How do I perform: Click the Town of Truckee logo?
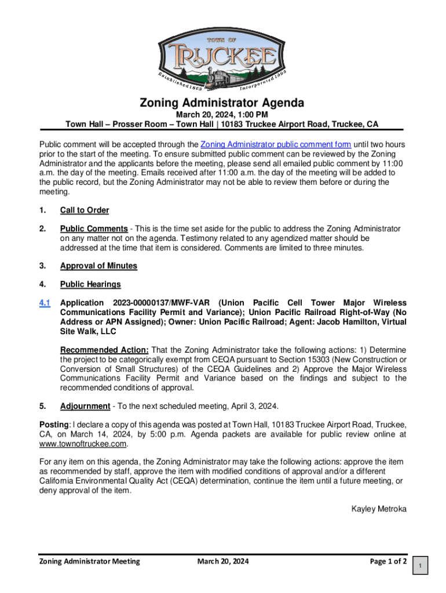(x=222, y=63)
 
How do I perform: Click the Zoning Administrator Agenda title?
(x=222, y=103)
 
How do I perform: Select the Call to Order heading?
(x=85, y=210)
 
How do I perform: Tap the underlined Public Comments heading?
(x=94, y=229)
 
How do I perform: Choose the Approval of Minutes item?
(x=98, y=266)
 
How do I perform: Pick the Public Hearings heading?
(x=90, y=284)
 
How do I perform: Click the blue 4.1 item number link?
(x=45, y=303)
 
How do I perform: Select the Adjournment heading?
(x=85, y=406)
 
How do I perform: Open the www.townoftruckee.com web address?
(x=83, y=444)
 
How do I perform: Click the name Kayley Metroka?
(x=379, y=509)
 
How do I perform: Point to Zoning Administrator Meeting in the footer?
(x=89, y=561)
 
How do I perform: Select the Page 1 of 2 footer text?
(x=387, y=561)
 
